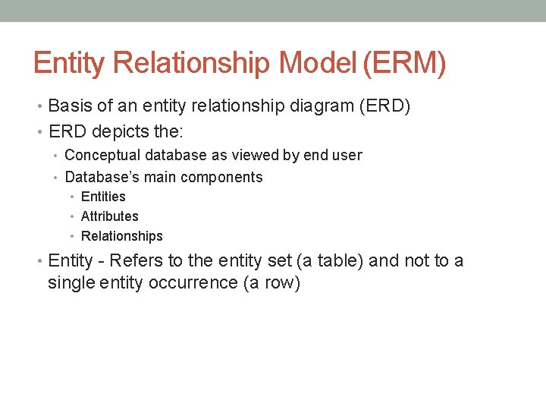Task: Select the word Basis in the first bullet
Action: tap(72, 106)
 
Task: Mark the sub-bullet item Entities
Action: tap(103, 197)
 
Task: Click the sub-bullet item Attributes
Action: tap(109, 216)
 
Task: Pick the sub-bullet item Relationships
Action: tap(121, 236)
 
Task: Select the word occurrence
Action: tap(196, 283)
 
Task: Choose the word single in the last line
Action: tap(69, 283)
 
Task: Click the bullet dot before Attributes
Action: tap(73, 217)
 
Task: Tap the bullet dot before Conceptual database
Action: tap(57, 156)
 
